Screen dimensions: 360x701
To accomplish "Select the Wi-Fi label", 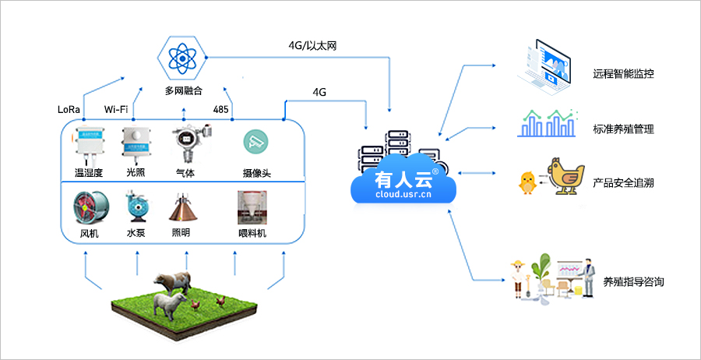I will [116, 109].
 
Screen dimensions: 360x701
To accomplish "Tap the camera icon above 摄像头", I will [254, 140].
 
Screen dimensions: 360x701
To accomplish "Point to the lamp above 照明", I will [185, 207].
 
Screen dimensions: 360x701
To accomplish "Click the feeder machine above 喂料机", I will [252, 207].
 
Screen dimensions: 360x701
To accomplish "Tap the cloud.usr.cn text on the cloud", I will [403, 196].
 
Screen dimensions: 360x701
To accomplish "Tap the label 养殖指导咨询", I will [633, 281].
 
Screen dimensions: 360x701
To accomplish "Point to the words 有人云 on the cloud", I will [403, 179].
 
